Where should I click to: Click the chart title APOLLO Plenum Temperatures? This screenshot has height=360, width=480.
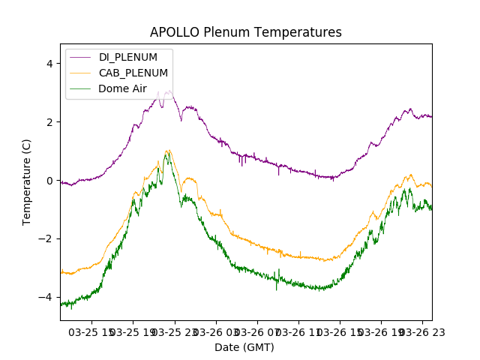coord(246,32)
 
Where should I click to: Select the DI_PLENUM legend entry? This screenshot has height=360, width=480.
coord(129,57)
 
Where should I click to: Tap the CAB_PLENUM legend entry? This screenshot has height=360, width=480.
coord(133,73)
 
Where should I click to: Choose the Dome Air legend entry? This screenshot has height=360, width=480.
coord(122,88)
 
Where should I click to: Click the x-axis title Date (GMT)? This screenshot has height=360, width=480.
coord(244,347)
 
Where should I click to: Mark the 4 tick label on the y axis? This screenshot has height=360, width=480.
coord(49,64)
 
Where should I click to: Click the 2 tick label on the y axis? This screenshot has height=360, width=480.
coord(49,122)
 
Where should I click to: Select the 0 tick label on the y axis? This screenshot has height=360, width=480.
coord(49,181)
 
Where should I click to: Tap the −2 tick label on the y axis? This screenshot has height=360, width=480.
coord(46,239)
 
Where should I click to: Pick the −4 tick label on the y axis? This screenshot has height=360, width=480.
coord(46,298)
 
